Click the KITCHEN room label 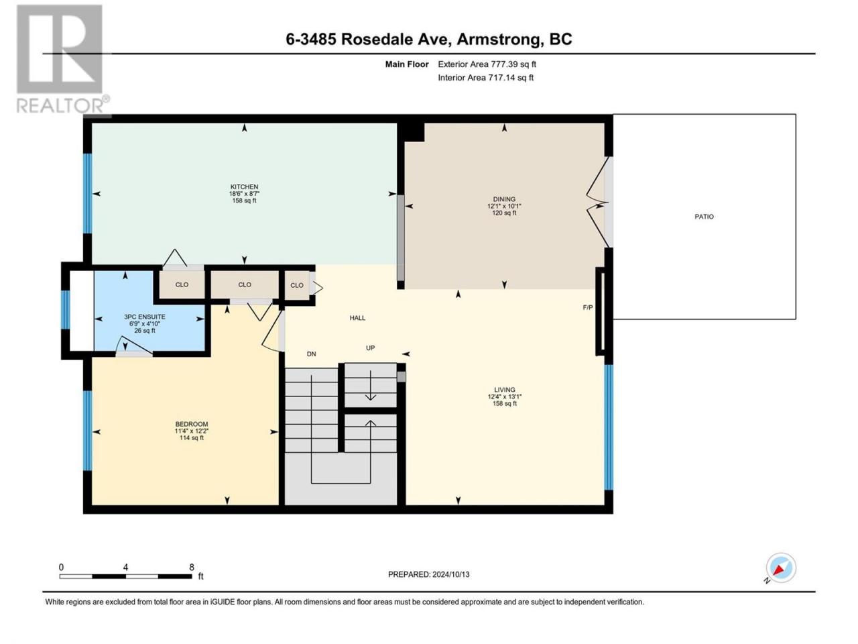click(244, 187)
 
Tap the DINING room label click(504, 199)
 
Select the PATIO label click(704, 217)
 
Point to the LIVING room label click(504, 390)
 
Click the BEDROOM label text click(192, 424)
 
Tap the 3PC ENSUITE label click(145, 317)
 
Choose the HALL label click(357, 318)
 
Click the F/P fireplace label click(587, 308)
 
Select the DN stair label click(311, 354)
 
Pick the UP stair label click(370, 347)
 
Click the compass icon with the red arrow click(781, 568)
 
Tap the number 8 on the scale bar click(192, 567)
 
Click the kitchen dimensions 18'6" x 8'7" click(244, 194)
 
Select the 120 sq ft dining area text click(504, 213)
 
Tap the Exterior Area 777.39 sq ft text click(487, 64)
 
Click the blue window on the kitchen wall click(88, 194)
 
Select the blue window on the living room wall click(609, 427)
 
